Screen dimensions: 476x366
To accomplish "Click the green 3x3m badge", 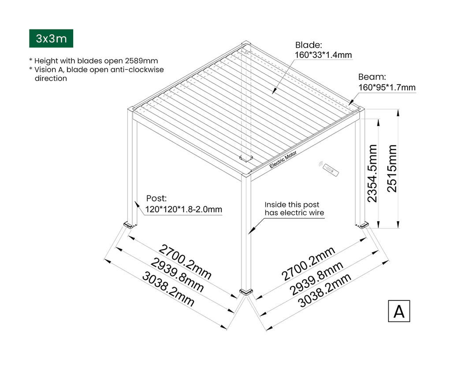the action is [x=51, y=38].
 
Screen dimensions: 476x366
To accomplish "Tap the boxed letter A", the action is [x=399, y=311].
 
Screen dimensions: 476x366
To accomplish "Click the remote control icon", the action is [x=329, y=169].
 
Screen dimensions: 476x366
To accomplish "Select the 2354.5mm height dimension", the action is [x=372, y=173].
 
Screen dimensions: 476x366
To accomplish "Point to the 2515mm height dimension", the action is [x=392, y=168].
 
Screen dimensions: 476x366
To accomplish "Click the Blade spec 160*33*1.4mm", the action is [x=324, y=55].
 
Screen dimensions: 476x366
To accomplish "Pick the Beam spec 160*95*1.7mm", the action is [x=387, y=87].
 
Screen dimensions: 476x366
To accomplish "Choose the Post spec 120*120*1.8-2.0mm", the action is [x=184, y=209].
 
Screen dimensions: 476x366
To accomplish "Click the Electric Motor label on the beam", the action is [x=283, y=159].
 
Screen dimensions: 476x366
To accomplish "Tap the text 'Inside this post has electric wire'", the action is [x=294, y=208].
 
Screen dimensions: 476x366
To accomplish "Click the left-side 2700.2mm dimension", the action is [x=185, y=262].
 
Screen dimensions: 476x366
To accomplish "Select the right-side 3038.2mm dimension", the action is [x=324, y=290].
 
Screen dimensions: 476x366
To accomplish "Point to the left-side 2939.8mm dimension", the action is [x=177, y=275].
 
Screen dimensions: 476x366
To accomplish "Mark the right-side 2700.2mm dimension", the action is [x=308, y=264].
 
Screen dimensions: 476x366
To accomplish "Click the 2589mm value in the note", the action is [x=141, y=61].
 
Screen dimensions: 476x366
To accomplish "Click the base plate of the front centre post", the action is [x=246, y=292].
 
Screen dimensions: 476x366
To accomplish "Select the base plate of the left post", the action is [x=130, y=225].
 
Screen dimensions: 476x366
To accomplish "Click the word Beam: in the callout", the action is [x=372, y=77].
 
